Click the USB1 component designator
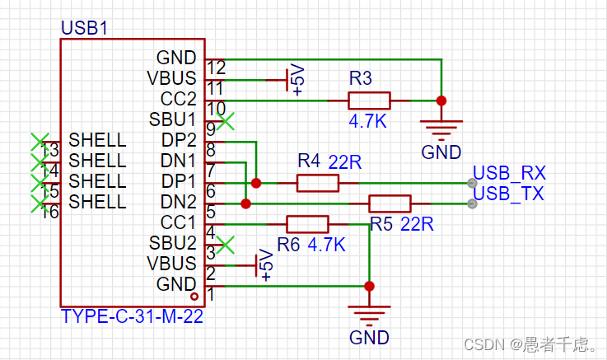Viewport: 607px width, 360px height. (83, 28)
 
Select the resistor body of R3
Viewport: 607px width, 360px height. (369, 101)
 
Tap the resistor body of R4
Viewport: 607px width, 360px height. (317, 183)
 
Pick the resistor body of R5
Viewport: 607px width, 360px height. (390, 203)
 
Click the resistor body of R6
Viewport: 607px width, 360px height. (307, 224)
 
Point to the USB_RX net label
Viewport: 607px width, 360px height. (509, 174)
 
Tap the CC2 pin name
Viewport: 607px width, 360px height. (179, 99)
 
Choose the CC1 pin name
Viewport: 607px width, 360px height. (179, 222)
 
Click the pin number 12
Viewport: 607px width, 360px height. (217, 68)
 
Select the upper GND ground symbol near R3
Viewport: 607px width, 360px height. (441, 127)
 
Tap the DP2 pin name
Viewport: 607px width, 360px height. (179, 140)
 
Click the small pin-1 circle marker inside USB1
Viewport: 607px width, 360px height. (194, 296)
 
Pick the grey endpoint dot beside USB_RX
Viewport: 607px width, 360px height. (471, 183)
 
